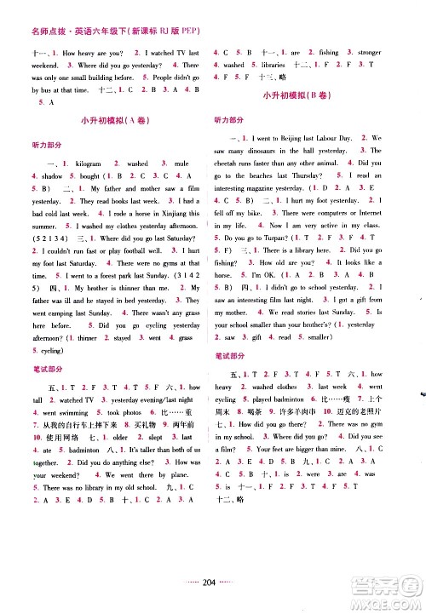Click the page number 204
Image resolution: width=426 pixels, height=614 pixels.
pyautogui.click(x=209, y=595)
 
